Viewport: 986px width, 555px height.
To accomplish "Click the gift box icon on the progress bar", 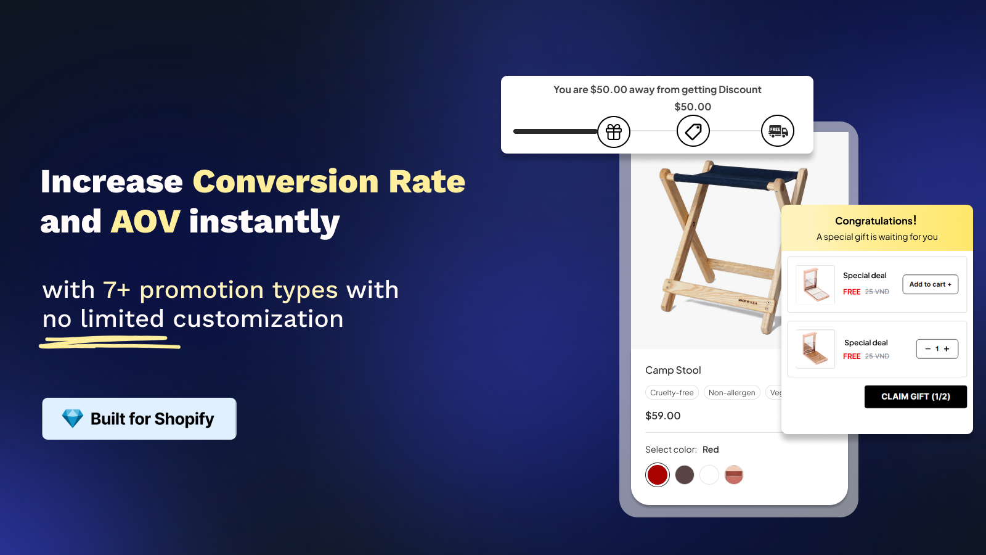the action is click(x=614, y=131).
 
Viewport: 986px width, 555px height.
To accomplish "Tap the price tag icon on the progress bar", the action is click(x=693, y=131).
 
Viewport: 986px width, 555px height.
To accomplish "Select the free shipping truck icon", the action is click(x=777, y=131).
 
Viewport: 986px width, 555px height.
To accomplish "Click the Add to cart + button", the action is click(x=930, y=284).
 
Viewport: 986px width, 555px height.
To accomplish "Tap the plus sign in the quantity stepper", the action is click(x=947, y=349).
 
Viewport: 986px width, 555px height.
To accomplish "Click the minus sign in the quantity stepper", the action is click(x=928, y=349).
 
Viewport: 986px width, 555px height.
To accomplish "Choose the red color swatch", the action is click(x=657, y=475).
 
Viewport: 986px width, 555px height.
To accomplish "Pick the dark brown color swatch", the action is click(x=685, y=475).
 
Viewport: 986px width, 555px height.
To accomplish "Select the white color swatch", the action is click(x=709, y=475).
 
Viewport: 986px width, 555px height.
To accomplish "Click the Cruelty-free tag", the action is click(x=672, y=392).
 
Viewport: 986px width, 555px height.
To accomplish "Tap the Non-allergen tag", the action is click(x=731, y=392).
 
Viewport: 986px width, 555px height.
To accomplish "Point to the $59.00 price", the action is click(x=662, y=416).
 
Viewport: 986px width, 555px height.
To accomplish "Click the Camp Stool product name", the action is click(x=673, y=370).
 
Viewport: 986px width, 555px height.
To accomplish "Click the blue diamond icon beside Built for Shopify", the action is click(x=72, y=419).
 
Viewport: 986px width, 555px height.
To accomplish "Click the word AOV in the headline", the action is click(x=145, y=221).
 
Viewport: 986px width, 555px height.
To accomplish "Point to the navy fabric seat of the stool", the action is click(x=736, y=176).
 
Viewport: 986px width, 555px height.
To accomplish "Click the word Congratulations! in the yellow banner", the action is click(x=876, y=221).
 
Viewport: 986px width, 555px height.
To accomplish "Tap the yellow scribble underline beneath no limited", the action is click(x=110, y=342).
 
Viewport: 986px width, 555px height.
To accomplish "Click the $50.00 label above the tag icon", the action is click(x=693, y=107).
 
